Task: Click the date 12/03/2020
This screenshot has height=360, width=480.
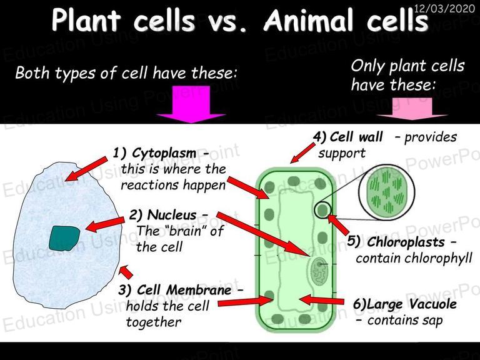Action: [x=444, y=8]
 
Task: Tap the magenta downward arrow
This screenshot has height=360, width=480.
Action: [x=191, y=104]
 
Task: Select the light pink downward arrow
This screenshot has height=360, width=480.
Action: [x=412, y=109]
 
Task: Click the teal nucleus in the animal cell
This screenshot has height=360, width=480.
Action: [x=64, y=239]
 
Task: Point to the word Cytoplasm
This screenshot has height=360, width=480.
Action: [x=164, y=153]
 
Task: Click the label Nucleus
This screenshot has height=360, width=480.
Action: [x=172, y=215]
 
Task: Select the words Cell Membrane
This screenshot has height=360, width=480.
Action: [x=184, y=289]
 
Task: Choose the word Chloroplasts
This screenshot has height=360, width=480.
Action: [x=406, y=242]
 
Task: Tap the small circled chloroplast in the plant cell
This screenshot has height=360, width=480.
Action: [x=322, y=210]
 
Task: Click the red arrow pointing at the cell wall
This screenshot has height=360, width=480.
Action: [x=302, y=152]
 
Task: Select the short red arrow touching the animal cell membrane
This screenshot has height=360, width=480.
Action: [x=126, y=272]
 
